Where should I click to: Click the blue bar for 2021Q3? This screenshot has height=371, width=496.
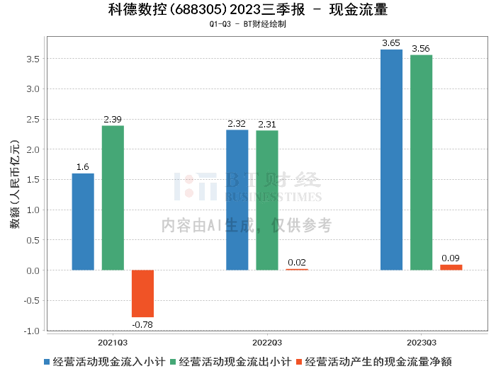coord(83,222)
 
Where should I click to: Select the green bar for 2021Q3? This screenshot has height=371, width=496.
coord(113,198)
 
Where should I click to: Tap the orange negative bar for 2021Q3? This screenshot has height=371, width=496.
coord(142,293)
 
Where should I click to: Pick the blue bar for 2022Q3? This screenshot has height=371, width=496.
coord(237,200)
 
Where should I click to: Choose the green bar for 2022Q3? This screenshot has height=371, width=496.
coord(267,200)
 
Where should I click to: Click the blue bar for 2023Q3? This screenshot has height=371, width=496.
coord(391,159)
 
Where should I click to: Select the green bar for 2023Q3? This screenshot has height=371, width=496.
coord(421,162)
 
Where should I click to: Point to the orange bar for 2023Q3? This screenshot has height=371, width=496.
coord(451,267)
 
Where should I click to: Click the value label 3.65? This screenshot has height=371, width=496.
coord(391,43)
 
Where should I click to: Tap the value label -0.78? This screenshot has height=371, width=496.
coord(142,325)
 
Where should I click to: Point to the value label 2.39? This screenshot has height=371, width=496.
coord(113,119)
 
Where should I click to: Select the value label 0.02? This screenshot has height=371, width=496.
coord(297,263)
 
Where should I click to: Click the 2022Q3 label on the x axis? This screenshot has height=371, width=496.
coord(267,342)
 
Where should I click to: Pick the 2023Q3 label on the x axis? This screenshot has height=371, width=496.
coord(421,342)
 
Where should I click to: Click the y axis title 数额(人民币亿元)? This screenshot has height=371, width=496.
coord(15,191)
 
